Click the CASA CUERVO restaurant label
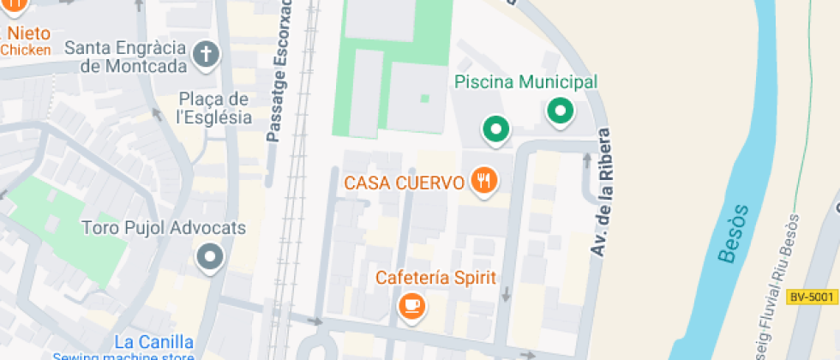click(x=405, y=183)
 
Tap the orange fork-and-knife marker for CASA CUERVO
click(x=484, y=181)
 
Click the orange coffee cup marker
click(x=412, y=305)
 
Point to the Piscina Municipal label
click(x=525, y=82)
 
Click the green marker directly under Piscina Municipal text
click(x=561, y=111)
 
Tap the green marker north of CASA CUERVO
click(x=495, y=129)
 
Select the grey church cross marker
click(x=206, y=56)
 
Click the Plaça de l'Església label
click(x=213, y=109)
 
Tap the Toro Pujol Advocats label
click(x=163, y=229)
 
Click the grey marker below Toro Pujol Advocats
click(x=209, y=255)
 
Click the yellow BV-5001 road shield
click(x=811, y=297)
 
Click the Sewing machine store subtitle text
click(x=124, y=357)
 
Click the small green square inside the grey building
click(x=424, y=99)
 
